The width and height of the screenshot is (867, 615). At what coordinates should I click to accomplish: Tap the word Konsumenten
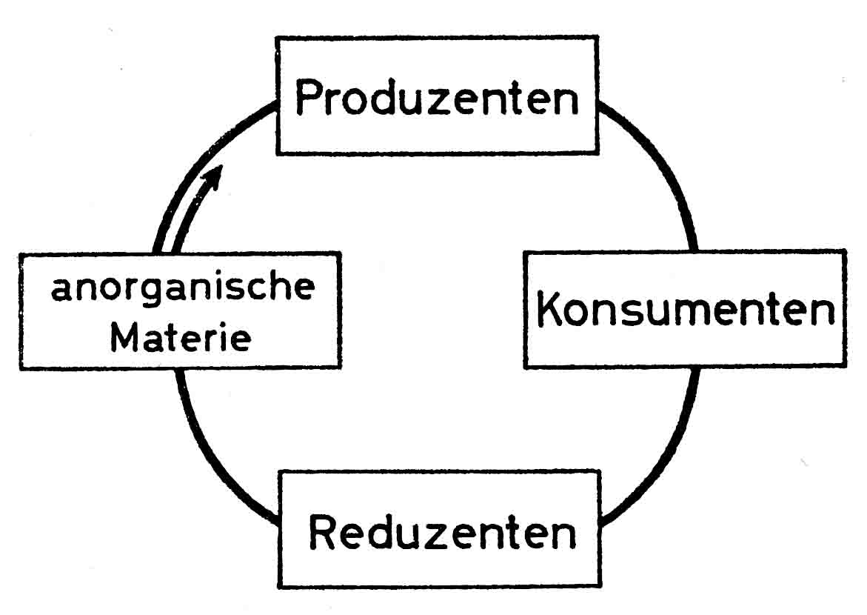(x=685, y=310)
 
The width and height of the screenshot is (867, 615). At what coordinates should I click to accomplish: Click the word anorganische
(x=181, y=287)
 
